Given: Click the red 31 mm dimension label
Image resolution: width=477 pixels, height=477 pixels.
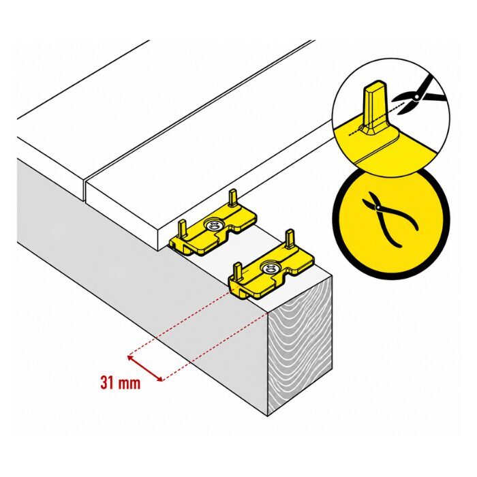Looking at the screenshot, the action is [120, 383].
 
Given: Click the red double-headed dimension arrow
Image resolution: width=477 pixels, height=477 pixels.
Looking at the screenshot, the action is [144, 368].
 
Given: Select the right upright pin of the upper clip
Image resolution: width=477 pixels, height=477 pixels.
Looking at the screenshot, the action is [233, 198].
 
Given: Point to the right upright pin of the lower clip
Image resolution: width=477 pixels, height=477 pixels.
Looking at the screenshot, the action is [290, 239].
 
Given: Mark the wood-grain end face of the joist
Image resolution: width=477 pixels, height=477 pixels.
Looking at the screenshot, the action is [300, 346].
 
